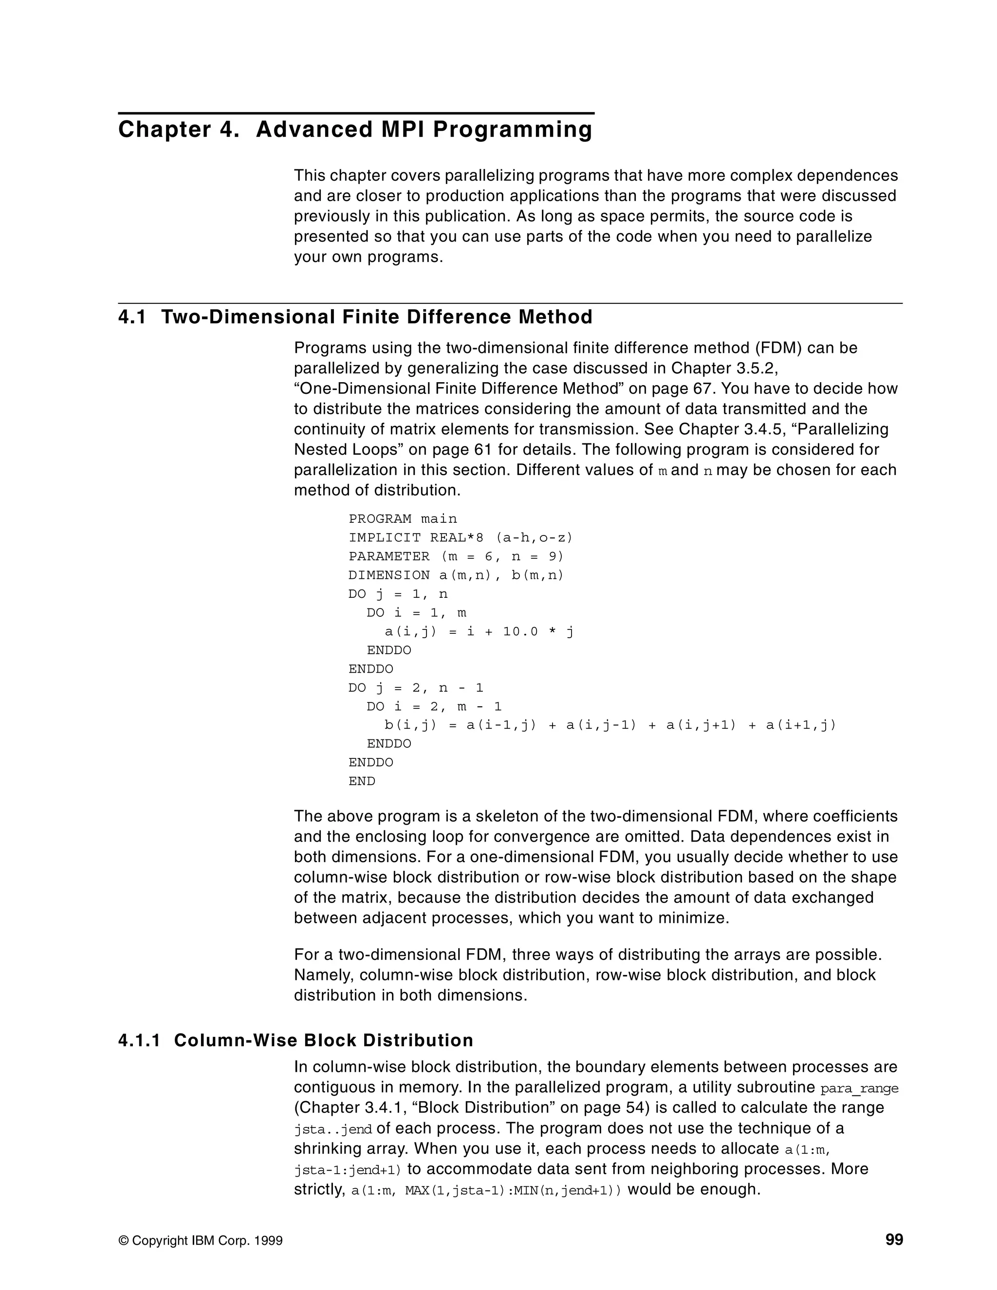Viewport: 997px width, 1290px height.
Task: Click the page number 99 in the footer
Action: point(894,1239)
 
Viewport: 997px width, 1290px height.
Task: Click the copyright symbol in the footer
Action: point(124,1240)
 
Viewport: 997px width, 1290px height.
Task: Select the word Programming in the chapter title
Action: point(512,130)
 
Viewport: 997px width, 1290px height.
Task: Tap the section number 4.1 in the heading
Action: point(132,317)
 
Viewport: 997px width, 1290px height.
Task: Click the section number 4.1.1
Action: point(139,1040)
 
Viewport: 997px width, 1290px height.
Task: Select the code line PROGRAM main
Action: point(403,518)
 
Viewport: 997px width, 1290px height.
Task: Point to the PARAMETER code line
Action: point(456,556)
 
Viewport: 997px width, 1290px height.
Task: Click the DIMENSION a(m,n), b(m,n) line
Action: point(456,575)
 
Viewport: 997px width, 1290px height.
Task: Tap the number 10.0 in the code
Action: point(520,631)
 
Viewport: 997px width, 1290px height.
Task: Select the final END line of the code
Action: point(362,781)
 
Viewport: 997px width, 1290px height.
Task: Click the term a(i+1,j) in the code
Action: point(801,725)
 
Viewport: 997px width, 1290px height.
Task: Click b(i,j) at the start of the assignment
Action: point(410,725)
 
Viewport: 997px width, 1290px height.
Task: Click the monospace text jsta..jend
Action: point(332,1129)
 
